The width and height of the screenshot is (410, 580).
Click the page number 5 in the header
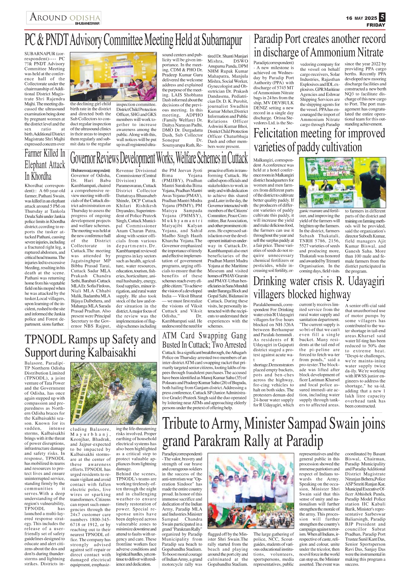[382, 17]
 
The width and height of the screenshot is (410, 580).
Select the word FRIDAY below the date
[376, 25]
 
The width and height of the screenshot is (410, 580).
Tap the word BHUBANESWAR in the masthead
[87, 23]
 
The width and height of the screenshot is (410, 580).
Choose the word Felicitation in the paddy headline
[276, 133]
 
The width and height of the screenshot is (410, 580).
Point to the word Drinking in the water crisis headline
[270, 281]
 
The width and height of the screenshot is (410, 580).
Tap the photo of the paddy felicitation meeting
[342, 182]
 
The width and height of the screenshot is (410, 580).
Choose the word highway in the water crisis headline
[335, 294]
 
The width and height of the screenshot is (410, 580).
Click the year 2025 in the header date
[371, 18]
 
